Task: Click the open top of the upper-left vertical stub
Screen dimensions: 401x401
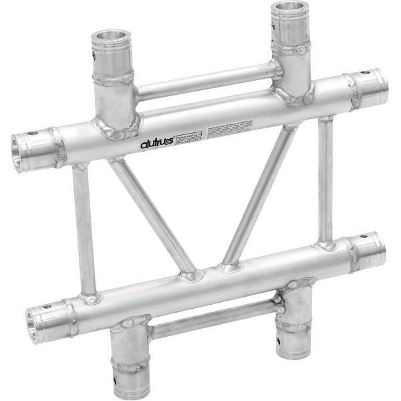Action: click(111, 36)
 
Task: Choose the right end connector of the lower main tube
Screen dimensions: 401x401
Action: click(370, 249)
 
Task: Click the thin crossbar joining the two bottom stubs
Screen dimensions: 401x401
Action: click(213, 319)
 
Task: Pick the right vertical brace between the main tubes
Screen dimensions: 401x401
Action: click(325, 180)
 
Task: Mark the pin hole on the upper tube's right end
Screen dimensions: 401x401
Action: click(364, 74)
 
